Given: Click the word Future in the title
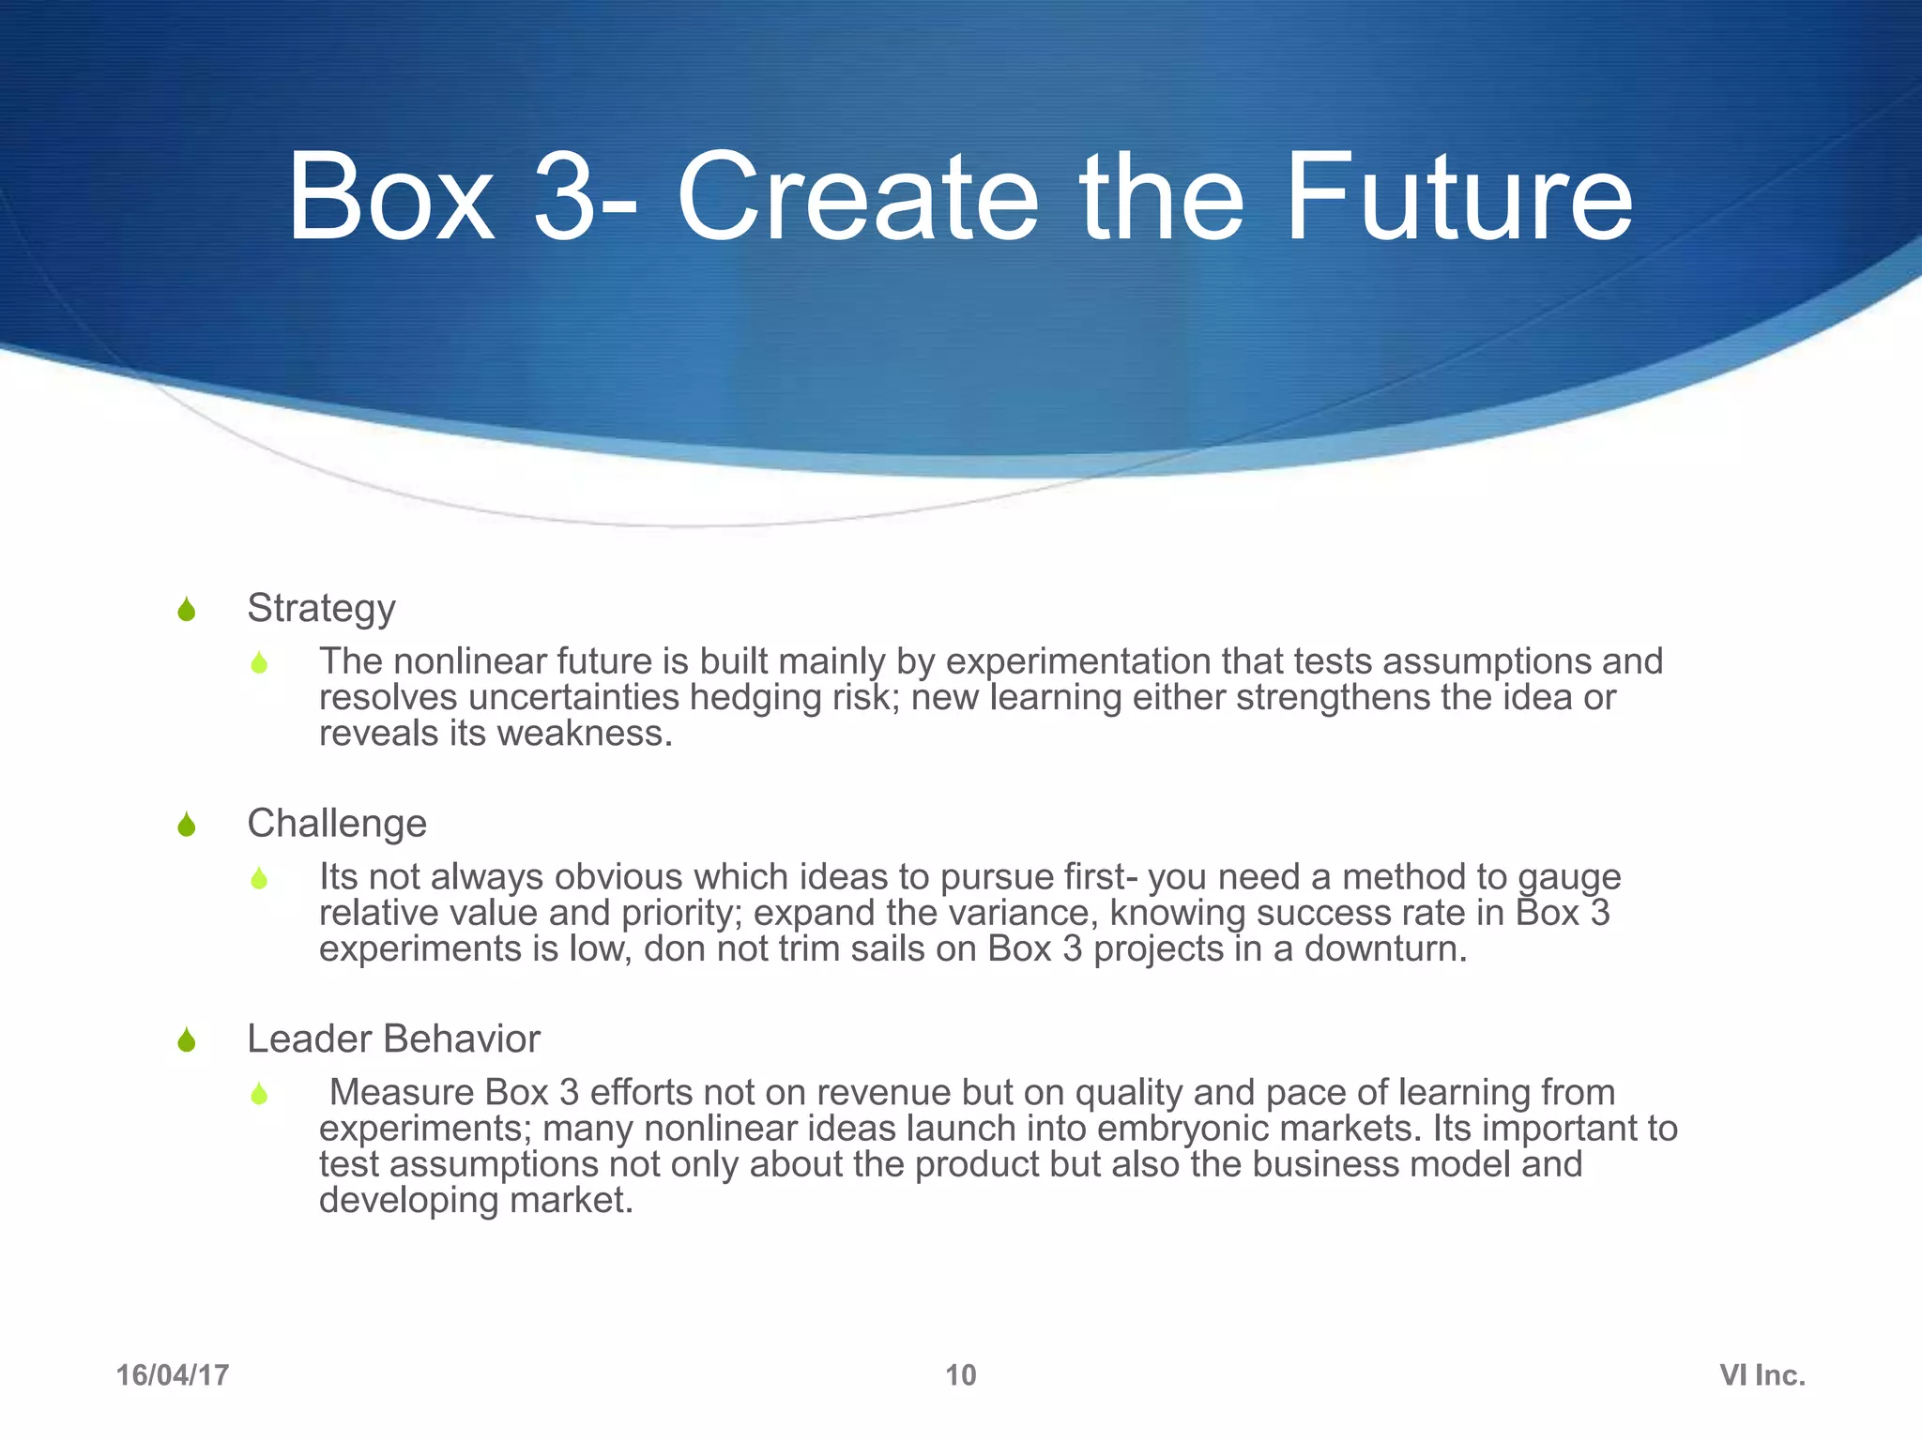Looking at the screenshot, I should pos(1458,199).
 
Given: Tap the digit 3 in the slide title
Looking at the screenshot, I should pos(564,199).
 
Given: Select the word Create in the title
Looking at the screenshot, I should pos(857,199).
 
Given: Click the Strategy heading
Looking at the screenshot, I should pos(321,609).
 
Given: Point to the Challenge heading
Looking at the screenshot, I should pos(337,824).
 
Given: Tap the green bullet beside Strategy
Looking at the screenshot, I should pos(186,610).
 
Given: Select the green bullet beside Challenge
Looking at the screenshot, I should pos(186,826).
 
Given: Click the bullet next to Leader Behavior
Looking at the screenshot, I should pos(186,1040).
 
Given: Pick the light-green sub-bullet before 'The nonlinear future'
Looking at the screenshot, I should pos(259,663).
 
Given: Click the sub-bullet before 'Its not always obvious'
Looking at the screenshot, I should pos(259,879).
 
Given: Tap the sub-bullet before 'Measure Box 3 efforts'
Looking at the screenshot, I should pos(259,1094).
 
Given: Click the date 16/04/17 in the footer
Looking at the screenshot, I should pos(173,1375).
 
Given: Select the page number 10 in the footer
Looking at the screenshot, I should pos(960,1375).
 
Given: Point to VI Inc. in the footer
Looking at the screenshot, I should pos(1762,1375).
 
